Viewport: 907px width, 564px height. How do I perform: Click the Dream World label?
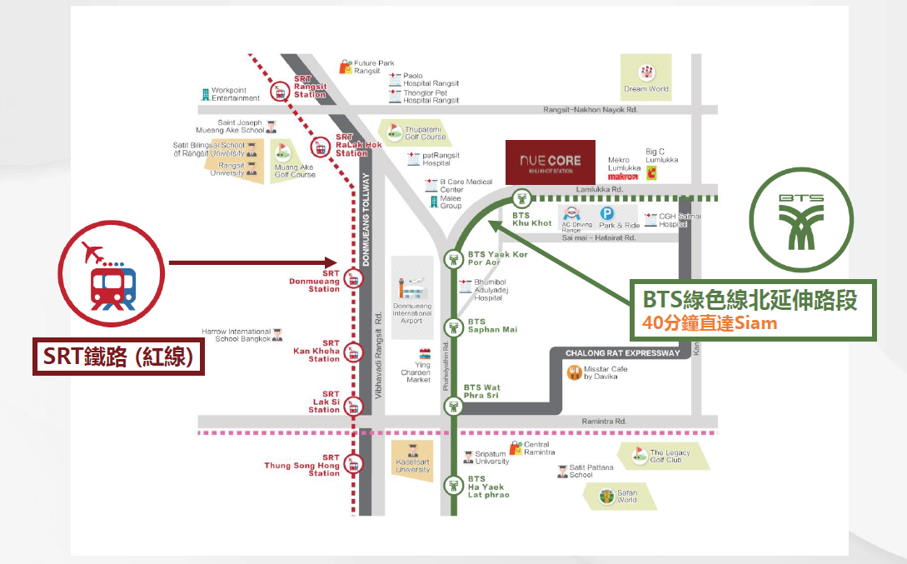click(646, 89)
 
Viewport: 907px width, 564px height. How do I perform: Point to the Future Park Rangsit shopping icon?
click(345, 67)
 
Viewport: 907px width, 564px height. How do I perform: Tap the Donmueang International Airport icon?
click(412, 287)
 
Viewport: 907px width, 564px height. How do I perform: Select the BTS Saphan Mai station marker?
click(453, 327)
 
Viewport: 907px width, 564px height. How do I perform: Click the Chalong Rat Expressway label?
click(622, 353)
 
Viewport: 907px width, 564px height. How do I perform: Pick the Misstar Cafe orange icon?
click(574, 373)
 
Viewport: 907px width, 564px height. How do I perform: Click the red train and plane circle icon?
click(107, 277)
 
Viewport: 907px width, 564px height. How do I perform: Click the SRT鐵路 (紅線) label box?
click(118, 357)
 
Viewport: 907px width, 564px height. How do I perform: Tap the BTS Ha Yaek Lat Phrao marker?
click(453, 483)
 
